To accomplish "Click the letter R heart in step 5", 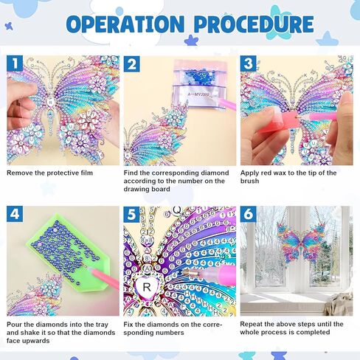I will tap(148, 288).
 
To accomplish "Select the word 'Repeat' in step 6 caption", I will tap(252, 325).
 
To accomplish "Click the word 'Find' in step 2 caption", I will tap(131, 173).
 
